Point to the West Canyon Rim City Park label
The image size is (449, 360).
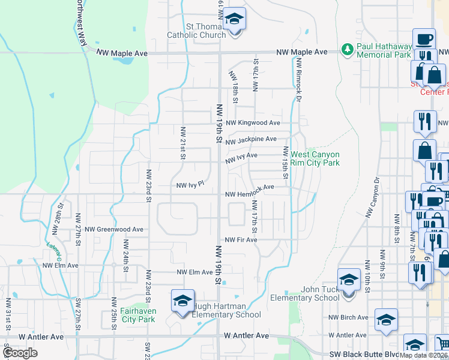(x=315, y=158)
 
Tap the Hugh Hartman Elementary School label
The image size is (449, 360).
(x=226, y=310)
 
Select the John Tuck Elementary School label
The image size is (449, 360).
(x=304, y=293)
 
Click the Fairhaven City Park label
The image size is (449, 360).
(x=137, y=315)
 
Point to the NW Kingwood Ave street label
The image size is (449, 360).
(x=253, y=123)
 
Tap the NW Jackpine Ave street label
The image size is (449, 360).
(x=251, y=140)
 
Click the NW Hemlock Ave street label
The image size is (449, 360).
(x=250, y=187)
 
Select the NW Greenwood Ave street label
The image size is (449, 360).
(x=114, y=229)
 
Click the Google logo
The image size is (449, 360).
(x=20, y=353)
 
